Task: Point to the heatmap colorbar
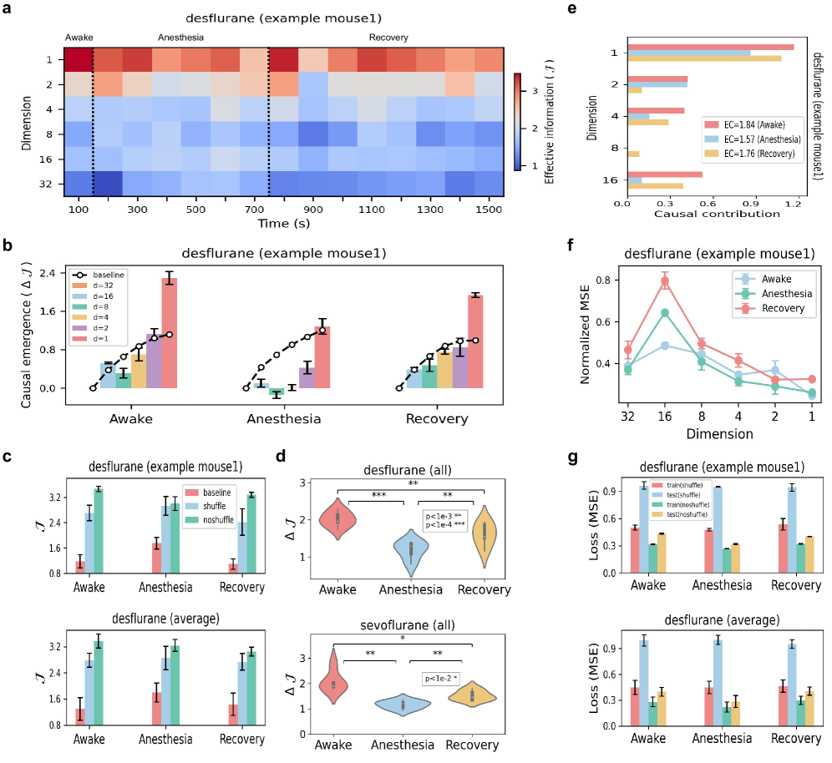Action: pos(519,121)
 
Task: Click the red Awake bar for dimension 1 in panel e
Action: pos(710,47)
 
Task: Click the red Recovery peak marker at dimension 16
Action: pos(665,281)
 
